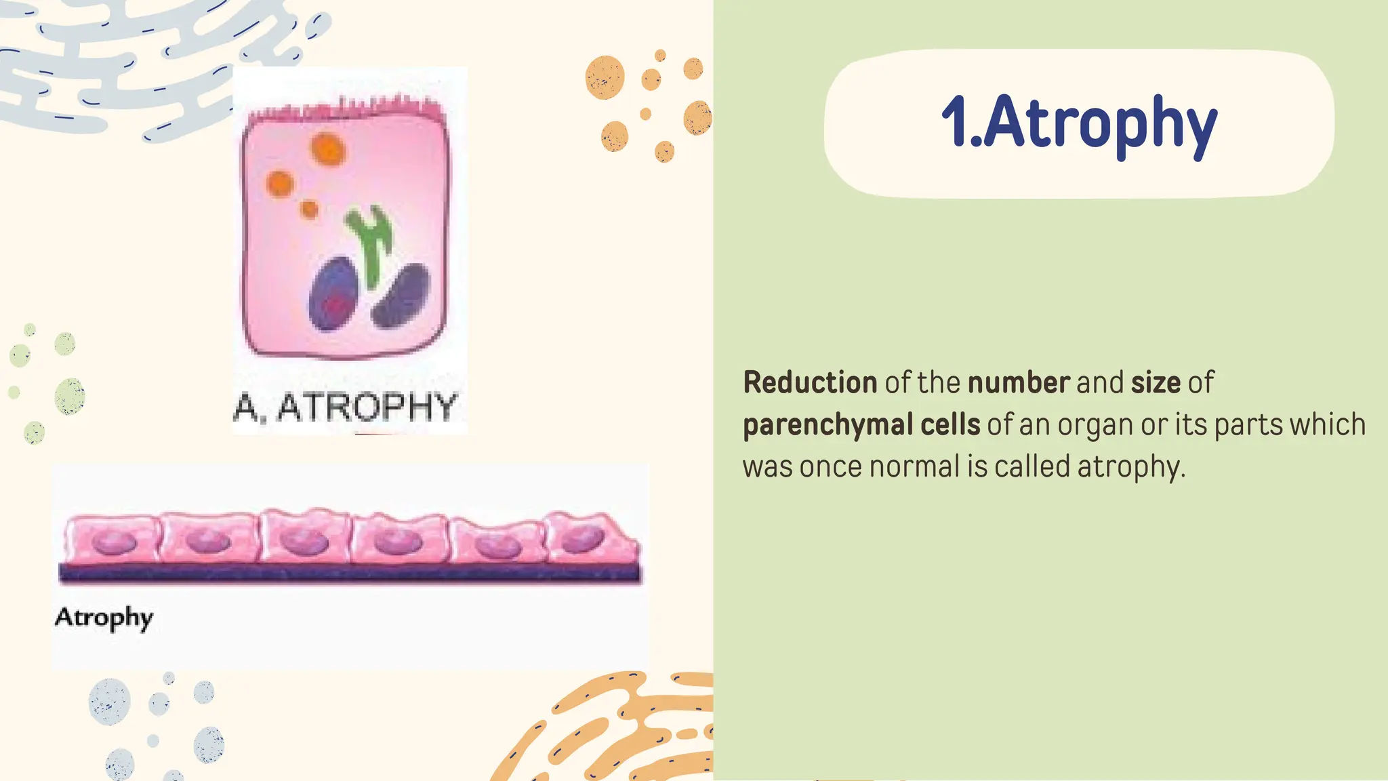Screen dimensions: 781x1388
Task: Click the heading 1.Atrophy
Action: [1079, 123]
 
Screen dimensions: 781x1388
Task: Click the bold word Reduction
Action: [810, 383]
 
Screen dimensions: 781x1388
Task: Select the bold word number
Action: [1019, 383]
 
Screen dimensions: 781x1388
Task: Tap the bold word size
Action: [1156, 383]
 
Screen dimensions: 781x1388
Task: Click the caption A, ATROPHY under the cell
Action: [345, 407]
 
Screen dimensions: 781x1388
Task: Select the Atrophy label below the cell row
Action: [104, 618]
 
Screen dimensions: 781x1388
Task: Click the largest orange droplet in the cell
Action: [328, 149]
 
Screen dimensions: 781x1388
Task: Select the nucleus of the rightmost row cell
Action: [582, 540]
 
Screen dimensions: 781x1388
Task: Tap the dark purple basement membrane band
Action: [349, 574]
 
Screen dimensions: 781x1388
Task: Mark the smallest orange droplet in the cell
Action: [309, 209]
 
